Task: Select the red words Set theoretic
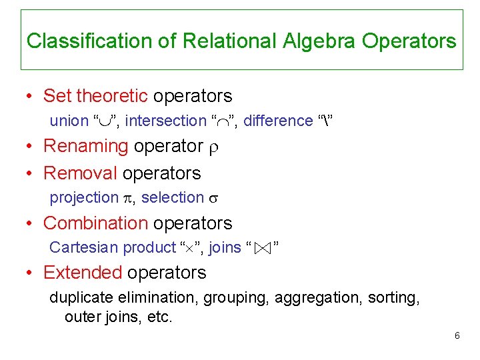tap(95, 96)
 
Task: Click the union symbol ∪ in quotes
tap(105, 121)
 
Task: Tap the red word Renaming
tap(85, 145)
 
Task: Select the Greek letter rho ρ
tap(213, 147)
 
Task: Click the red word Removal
tap(80, 173)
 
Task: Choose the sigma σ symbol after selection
tap(215, 199)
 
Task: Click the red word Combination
tap(95, 223)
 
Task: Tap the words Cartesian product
tap(112, 247)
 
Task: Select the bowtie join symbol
tap(263, 248)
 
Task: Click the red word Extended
tap(83, 273)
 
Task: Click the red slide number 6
tap(457, 335)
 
